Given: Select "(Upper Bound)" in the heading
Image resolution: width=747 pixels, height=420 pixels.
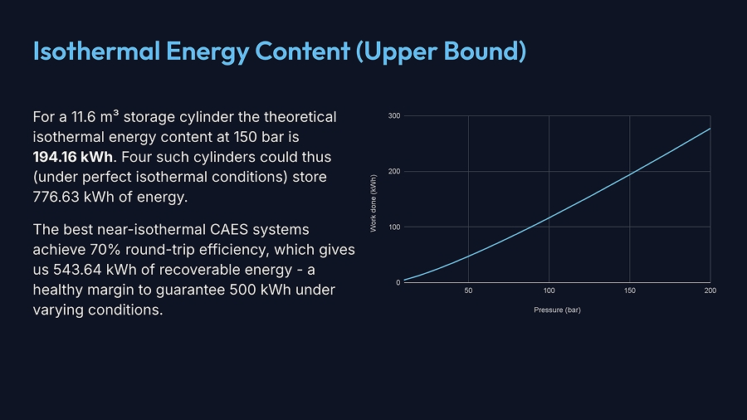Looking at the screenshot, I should click(441, 51).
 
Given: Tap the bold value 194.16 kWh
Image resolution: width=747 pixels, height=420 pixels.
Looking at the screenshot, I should click(72, 157).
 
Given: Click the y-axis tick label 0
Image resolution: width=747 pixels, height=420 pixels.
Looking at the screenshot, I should click(398, 283).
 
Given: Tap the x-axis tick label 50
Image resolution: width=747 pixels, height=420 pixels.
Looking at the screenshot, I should click(468, 291).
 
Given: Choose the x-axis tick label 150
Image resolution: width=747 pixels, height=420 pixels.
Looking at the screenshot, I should click(630, 291).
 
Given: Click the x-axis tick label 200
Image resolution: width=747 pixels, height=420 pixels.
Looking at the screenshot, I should click(709, 291).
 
